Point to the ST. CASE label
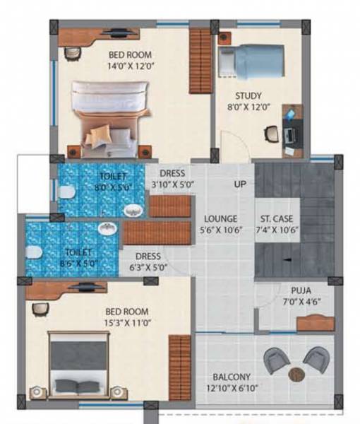click(x=276, y=218)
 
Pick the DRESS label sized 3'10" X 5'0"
click(x=172, y=173)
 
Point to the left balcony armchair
click(x=277, y=360)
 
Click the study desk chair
click(x=271, y=133)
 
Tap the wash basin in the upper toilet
click(x=132, y=210)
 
